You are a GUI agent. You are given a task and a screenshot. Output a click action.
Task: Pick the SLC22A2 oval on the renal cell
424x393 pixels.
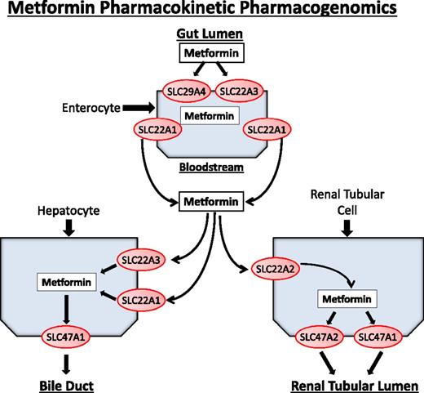[x=276, y=268]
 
